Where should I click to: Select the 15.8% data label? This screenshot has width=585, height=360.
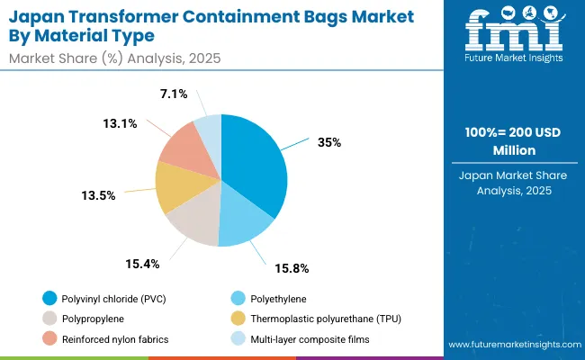tap(291, 267)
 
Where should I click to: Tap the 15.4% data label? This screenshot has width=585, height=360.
tap(142, 264)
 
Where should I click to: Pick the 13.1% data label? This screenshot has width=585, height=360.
tap(119, 124)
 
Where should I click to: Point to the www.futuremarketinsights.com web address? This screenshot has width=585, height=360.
tap(510, 346)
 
